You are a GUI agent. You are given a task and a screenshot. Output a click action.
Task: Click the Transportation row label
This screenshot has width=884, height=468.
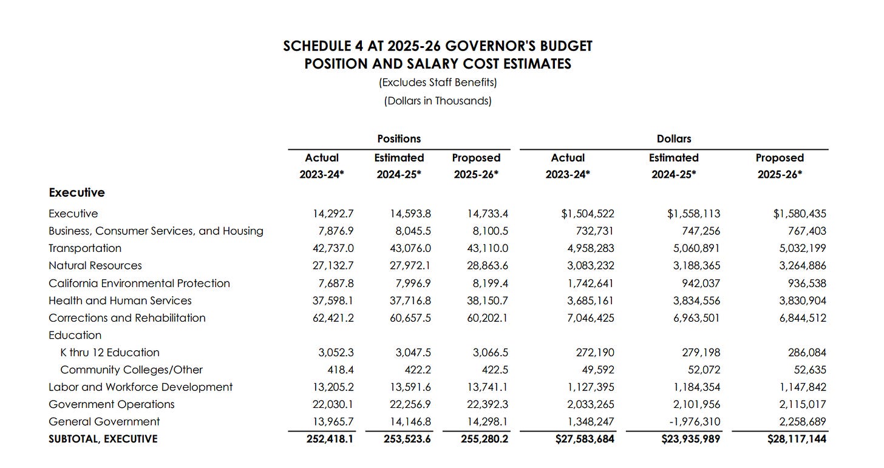click(x=85, y=248)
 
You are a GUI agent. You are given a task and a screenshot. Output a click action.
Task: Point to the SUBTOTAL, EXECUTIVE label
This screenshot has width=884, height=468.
click(x=103, y=439)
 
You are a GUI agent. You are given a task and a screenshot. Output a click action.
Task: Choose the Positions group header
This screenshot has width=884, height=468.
click(x=399, y=138)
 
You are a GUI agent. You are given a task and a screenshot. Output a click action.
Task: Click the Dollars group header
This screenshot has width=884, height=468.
click(x=674, y=138)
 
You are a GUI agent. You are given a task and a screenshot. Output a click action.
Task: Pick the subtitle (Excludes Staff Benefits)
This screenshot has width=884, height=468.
click(x=438, y=82)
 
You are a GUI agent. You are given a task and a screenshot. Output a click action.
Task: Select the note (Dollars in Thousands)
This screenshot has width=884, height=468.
click(x=438, y=101)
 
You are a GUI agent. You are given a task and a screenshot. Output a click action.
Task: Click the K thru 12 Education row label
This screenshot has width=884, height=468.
click(x=110, y=352)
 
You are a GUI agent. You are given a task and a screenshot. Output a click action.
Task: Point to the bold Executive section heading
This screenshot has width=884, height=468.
click(x=76, y=192)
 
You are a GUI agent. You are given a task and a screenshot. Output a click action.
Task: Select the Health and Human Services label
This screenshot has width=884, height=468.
click(x=120, y=300)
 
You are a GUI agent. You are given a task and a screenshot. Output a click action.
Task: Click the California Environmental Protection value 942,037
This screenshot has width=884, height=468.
click(x=698, y=283)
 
